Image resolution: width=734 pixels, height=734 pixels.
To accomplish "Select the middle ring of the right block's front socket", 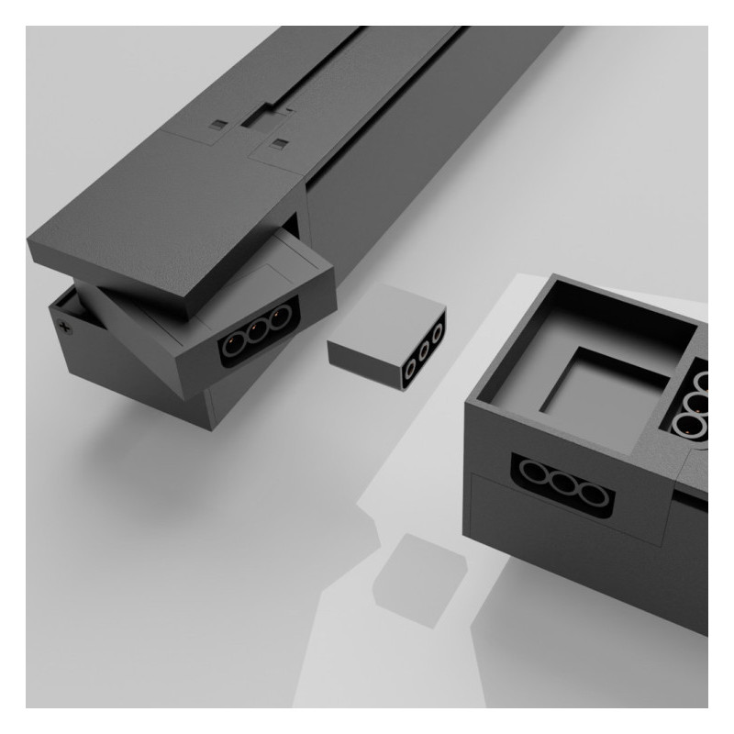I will (x=562, y=487).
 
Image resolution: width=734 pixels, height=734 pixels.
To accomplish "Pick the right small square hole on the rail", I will (x=276, y=144).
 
